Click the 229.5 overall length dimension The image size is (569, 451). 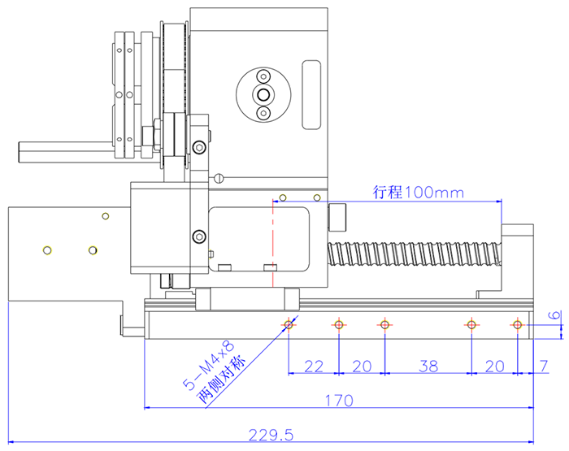point(271,436)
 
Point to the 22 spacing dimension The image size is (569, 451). point(314,366)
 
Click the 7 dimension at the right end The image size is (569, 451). point(543,366)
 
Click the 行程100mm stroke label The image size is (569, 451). point(418,193)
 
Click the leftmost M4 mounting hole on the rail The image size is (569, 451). point(289,325)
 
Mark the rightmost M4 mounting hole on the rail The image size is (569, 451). point(516,325)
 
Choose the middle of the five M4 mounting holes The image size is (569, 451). point(384,325)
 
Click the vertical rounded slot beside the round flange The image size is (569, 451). point(311,95)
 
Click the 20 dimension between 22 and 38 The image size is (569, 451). point(362,366)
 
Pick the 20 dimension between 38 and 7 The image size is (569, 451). point(493,366)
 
